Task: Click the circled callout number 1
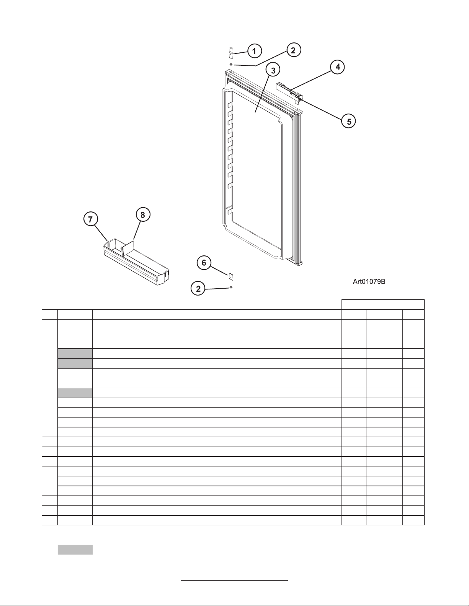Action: point(254,50)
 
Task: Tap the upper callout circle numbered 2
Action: point(293,50)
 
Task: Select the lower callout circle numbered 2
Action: point(198,289)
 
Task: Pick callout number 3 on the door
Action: point(273,70)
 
